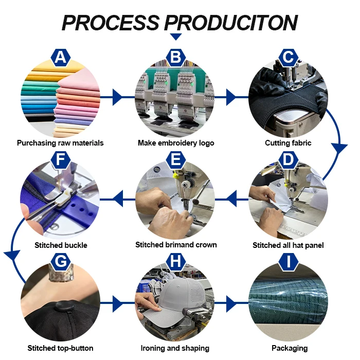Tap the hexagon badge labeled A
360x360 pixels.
61,58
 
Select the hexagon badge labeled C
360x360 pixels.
289,58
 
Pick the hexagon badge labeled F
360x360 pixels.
61,160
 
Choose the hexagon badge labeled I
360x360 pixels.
289,262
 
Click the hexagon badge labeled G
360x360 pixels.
61,262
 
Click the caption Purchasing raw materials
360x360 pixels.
60,143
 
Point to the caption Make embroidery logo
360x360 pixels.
175,143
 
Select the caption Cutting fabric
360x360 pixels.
288,143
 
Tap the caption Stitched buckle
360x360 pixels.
61,245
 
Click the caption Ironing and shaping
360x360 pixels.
175,348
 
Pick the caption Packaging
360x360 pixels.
289,348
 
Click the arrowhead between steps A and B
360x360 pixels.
118,96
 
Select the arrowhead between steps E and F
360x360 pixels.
118,195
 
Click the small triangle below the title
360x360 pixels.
176,37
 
